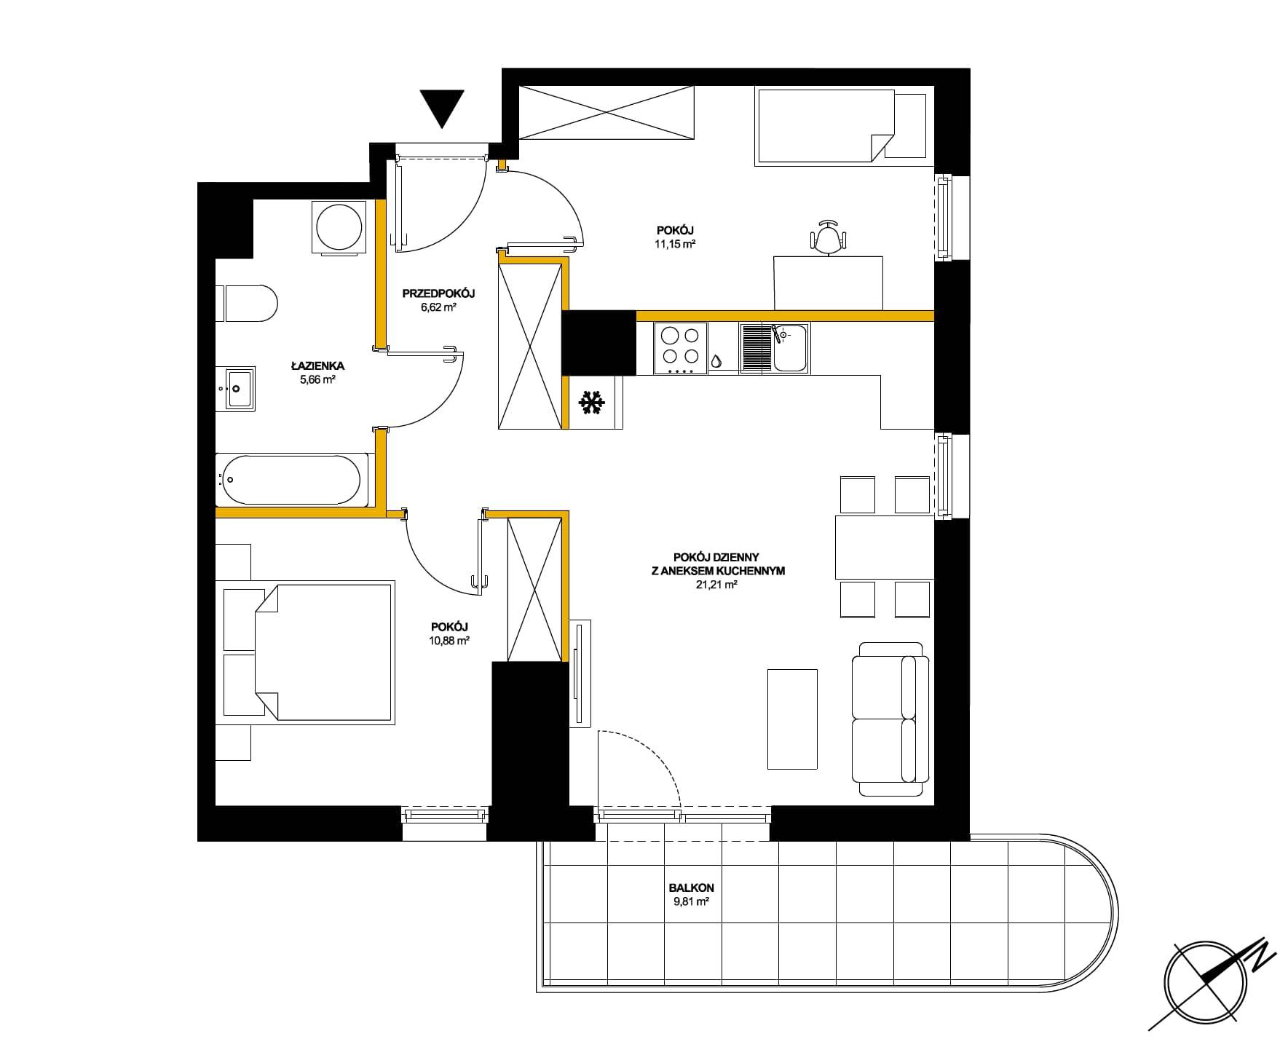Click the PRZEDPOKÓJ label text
438,294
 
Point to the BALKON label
691,888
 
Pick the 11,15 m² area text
675,245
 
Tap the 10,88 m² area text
449,641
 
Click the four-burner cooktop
681,348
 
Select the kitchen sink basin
790,348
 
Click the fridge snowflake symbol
591,403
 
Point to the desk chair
829,237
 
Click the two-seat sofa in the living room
890,719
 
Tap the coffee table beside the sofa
793,719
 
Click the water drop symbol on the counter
718,360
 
